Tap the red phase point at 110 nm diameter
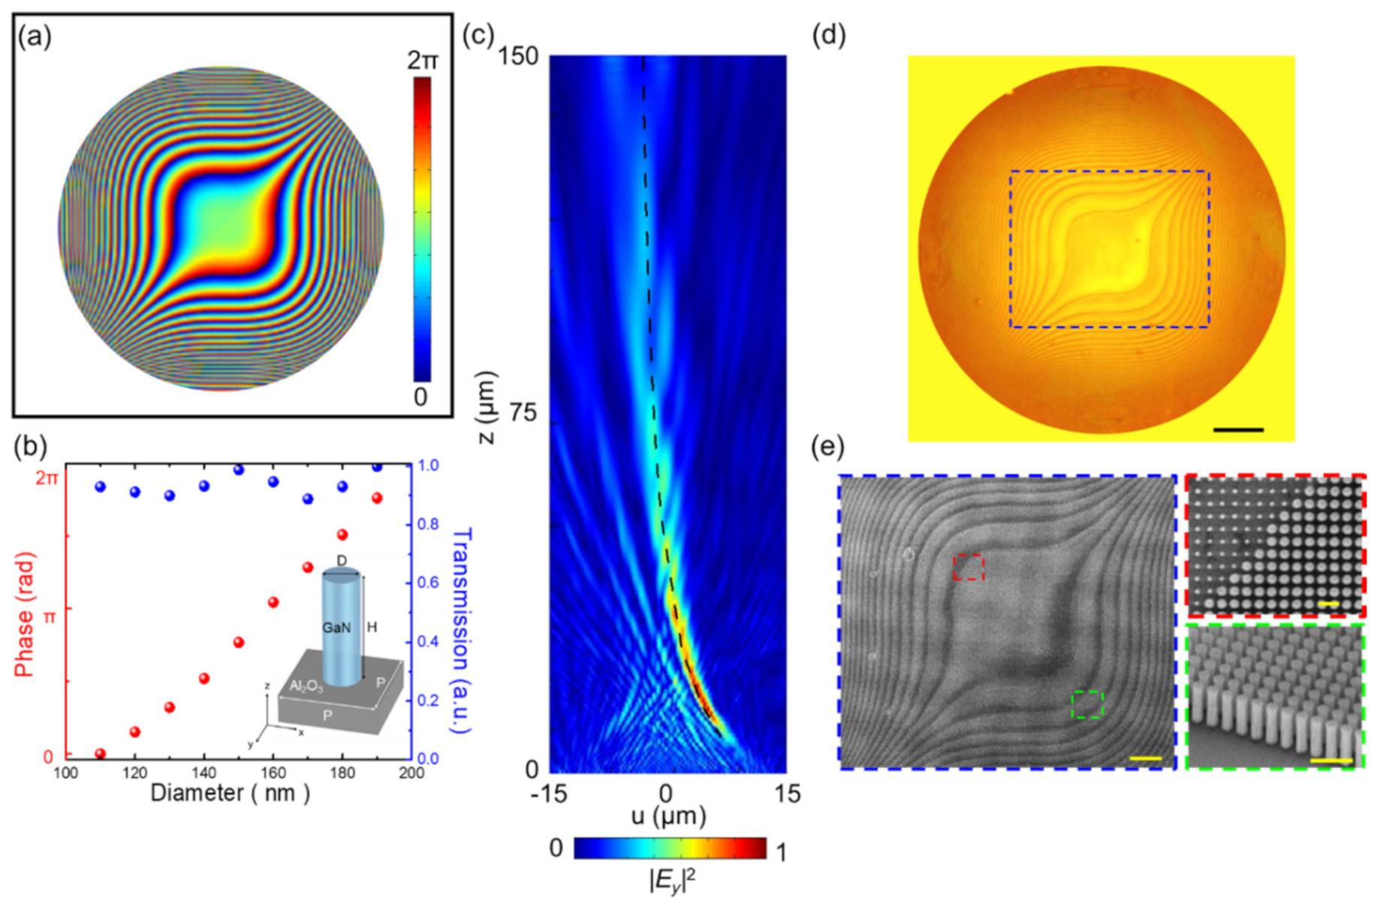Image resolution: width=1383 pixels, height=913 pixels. tap(101, 753)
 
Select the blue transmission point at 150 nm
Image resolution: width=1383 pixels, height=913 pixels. tap(239, 470)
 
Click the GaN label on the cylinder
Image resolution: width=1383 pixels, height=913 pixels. tap(336, 627)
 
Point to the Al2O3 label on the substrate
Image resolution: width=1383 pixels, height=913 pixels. tap(306, 686)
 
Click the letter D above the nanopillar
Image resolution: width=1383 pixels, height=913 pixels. tap(342, 561)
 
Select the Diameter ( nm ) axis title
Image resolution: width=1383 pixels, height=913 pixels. tap(230, 793)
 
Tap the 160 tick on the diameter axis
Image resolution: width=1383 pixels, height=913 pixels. tap(273, 773)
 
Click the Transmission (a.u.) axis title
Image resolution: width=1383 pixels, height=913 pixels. tap(461, 629)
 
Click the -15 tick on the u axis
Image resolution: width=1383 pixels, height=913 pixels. tap(548, 794)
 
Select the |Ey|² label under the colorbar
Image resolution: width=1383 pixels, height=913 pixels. tap(671, 879)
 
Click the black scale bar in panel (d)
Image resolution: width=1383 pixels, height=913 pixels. tap(1238, 430)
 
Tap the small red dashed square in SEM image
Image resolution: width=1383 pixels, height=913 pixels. tap(969, 567)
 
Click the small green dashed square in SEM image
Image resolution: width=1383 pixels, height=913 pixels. tap(1087, 704)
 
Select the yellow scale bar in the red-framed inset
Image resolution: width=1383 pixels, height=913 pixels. tap(1327, 603)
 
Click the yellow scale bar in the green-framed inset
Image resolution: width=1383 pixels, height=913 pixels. tap(1331, 761)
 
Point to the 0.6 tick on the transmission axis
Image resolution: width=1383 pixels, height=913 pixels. tap(428, 583)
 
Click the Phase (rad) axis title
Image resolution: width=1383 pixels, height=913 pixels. tap(26, 614)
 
